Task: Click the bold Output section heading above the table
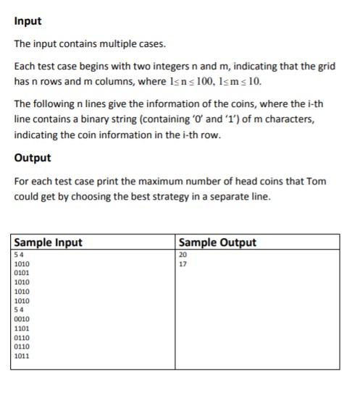tap(32, 158)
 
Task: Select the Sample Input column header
tap(49, 242)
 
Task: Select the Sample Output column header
tap(217, 242)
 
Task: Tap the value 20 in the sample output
tap(182, 255)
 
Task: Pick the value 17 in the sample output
tap(182, 264)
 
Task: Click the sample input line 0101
tap(22, 273)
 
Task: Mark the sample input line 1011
tap(22, 356)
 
